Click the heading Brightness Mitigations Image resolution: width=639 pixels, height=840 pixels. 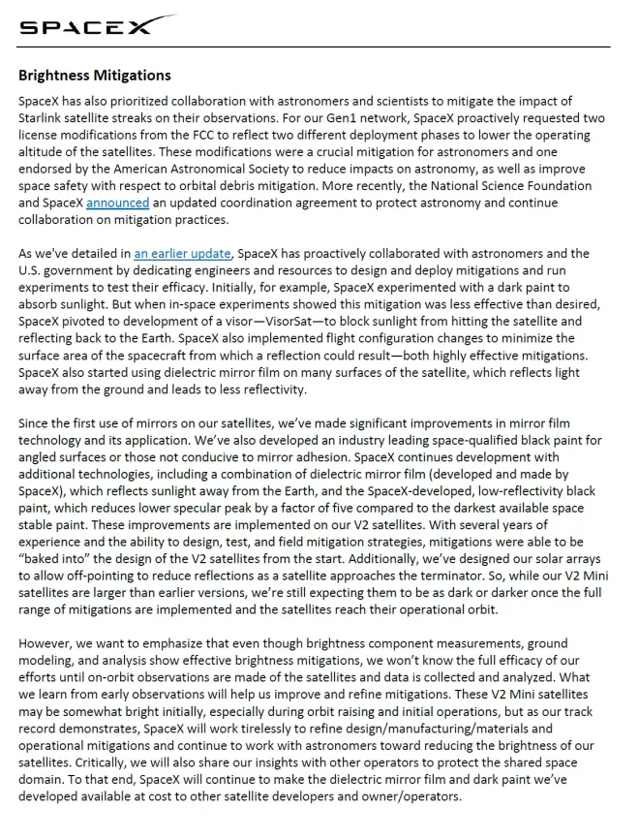[95, 76]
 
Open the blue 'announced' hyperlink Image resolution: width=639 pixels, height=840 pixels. [117, 203]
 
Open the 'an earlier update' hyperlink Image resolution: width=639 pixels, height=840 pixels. [182, 254]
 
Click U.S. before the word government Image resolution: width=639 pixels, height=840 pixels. [31, 270]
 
